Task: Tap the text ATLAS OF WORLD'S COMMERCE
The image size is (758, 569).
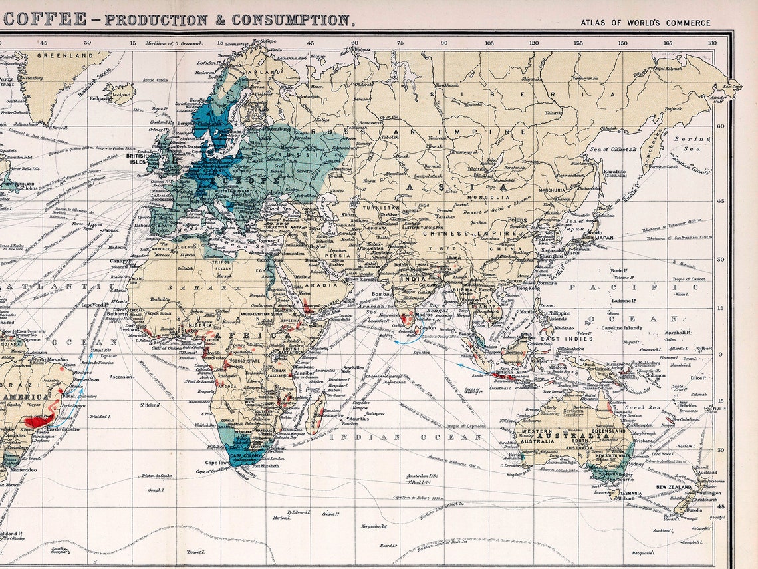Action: coord(645,23)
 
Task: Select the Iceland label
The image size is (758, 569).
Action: coord(120,95)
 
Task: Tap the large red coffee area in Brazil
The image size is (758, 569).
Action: coord(38,420)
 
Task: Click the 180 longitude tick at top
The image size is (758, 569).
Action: coord(712,43)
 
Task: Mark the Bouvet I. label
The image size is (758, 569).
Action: coord(194,551)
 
